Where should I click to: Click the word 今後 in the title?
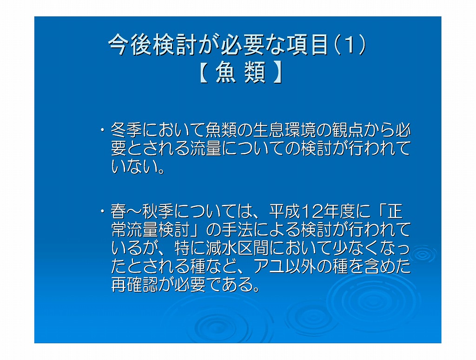[130, 45]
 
